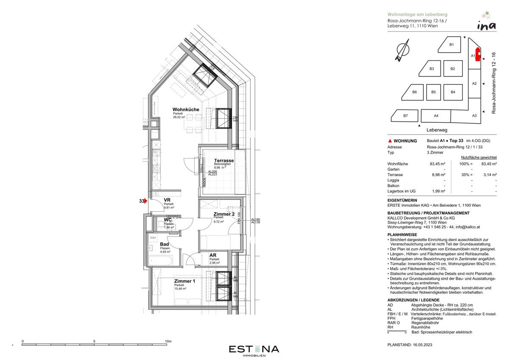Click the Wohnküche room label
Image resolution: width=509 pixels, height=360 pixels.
[x=185, y=110]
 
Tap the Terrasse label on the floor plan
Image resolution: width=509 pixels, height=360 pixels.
[x=224, y=160]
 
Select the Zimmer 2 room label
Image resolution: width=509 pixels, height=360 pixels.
[x=224, y=214]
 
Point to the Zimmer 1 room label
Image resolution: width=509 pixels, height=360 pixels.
[x=185, y=281]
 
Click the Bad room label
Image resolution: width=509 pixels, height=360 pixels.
[x=165, y=244]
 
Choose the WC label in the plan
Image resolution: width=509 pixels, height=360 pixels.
[x=168, y=220]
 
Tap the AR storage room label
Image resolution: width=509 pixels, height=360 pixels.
[x=213, y=255]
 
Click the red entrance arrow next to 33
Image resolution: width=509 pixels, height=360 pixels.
[x=145, y=201]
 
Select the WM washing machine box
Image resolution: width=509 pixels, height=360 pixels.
[x=152, y=238]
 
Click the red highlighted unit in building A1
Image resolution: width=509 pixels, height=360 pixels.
[x=477, y=55]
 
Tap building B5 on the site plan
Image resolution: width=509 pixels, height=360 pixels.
[x=433, y=92]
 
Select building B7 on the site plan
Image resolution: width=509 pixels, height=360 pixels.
[x=405, y=115]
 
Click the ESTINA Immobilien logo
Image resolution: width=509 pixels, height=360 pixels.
[x=254, y=350]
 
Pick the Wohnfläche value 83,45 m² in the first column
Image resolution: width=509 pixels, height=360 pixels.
[x=437, y=163]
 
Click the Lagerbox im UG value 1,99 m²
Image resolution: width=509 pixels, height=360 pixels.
[x=438, y=191]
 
